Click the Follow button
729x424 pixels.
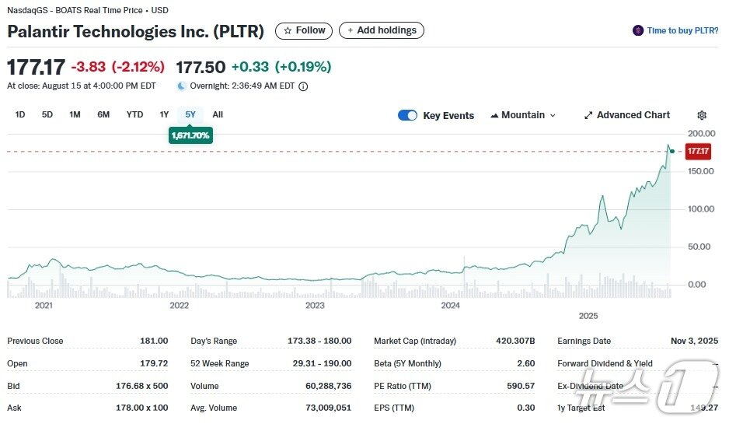pos(304,30)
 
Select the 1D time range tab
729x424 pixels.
pos(20,114)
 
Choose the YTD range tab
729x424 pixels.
pos(134,114)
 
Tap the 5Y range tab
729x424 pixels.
pos(190,114)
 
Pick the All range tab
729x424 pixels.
pos(218,114)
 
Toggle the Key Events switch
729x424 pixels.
pos(407,115)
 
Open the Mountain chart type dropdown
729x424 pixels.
pos(523,115)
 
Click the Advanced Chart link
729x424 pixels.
pos(626,115)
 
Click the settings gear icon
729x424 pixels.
pos(702,115)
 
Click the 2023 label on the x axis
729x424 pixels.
pos(315,306)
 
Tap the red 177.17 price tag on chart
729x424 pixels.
pos(698,151)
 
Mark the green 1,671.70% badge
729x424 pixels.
pos(190,135)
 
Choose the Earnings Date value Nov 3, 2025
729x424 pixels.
pos(694,341)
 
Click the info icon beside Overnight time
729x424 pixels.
pos(303,86)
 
